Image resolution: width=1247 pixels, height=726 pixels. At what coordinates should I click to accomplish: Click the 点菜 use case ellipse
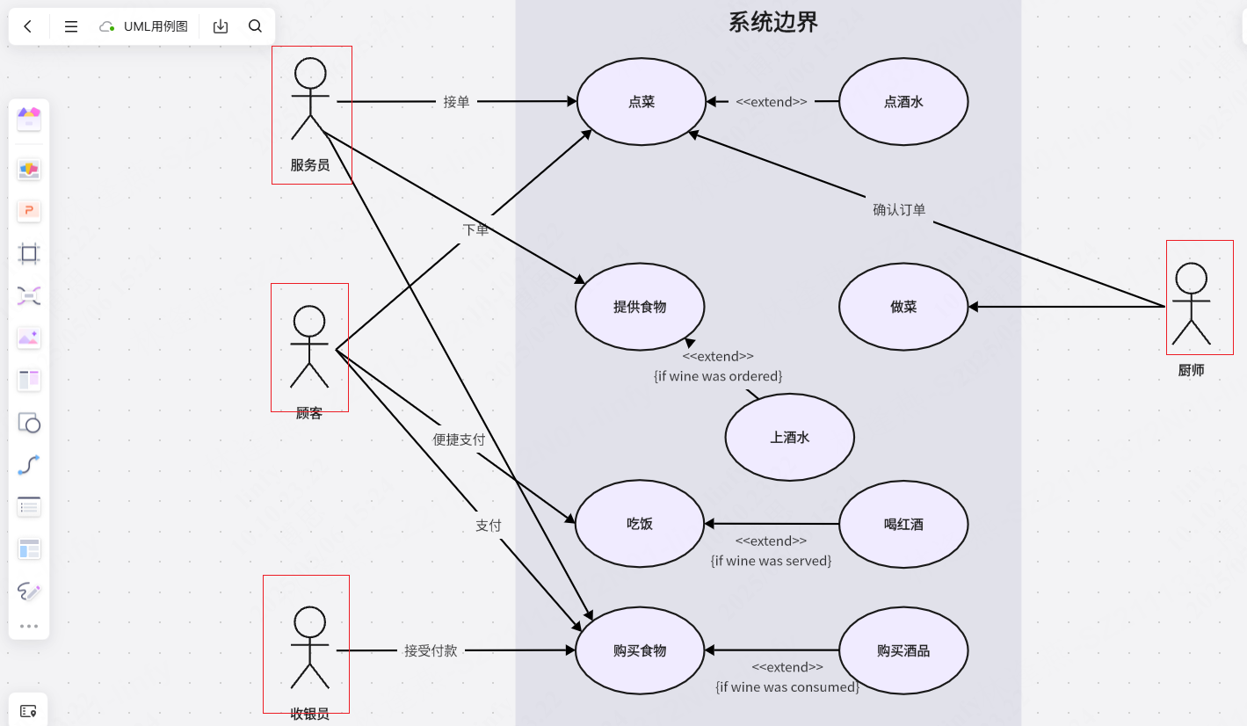tap(642, 102)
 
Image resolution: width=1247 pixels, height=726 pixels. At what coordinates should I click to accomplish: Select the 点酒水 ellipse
tap(903, 102)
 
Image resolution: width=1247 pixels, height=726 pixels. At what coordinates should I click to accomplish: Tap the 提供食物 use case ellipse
tap(640, 307)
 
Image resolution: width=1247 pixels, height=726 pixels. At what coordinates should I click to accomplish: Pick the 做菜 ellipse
tap(903, 307)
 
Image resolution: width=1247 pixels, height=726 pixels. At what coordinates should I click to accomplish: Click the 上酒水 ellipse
tap(789, 437)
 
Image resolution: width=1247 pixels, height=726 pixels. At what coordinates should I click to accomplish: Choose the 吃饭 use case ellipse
tap(640, 524)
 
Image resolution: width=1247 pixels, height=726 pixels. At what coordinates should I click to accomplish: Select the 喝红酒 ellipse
tap(903, 524)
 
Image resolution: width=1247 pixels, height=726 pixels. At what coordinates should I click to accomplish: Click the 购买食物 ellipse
tap(640, 650)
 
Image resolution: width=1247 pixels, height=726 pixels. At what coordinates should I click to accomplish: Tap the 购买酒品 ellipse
tap(903, 650)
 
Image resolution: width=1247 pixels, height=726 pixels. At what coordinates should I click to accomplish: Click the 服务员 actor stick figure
tap(310, 99)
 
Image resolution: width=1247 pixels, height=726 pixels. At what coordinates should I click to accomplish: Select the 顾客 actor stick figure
tap(309, 346)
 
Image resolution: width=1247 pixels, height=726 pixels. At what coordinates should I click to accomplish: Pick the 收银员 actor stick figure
tap(309, 648)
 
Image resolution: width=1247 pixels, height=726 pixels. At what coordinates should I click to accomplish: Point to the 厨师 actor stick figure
tap(1192, 304)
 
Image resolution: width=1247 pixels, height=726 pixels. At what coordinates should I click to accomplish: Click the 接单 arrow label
tap(456, 102)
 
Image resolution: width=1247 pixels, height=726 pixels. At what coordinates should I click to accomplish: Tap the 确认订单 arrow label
tap(899, 210)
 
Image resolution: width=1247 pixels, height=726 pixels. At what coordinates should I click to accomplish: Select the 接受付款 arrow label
tap(431, 651)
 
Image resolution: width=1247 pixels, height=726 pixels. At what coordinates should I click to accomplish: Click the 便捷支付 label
tap(459, 439)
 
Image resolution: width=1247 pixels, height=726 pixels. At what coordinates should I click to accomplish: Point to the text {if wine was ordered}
tap(718, 376)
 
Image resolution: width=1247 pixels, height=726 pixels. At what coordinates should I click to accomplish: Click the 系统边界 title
tap(773, 22)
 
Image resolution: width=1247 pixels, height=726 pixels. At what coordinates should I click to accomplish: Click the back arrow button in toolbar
tap(28, 26)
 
